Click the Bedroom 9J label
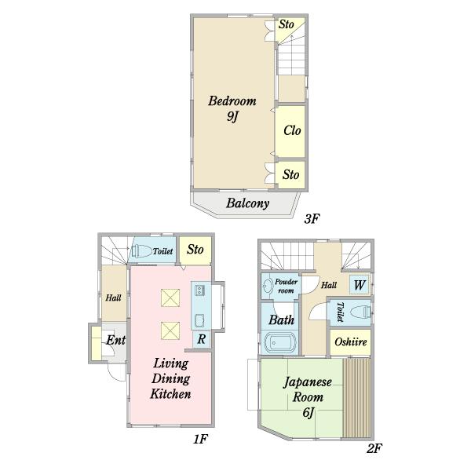(232, 108)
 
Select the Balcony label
(247, 203)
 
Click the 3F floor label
(312, 219)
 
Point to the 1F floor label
(200, 439)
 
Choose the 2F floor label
(374, 448)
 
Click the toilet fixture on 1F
(141, 251)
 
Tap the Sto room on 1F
(195, 251)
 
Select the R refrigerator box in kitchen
(201, 339)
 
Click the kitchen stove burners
(199, 290)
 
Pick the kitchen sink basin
(199, 320)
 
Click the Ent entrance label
(115, 340)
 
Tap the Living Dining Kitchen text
(170, 378)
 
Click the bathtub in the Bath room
(279, 341)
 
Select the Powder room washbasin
(267, 286)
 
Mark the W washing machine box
(360, 284)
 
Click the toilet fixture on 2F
(360, 312)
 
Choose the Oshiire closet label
(351, 341)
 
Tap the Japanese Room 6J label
(308, 397)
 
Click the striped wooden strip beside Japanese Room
(356, 397)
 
